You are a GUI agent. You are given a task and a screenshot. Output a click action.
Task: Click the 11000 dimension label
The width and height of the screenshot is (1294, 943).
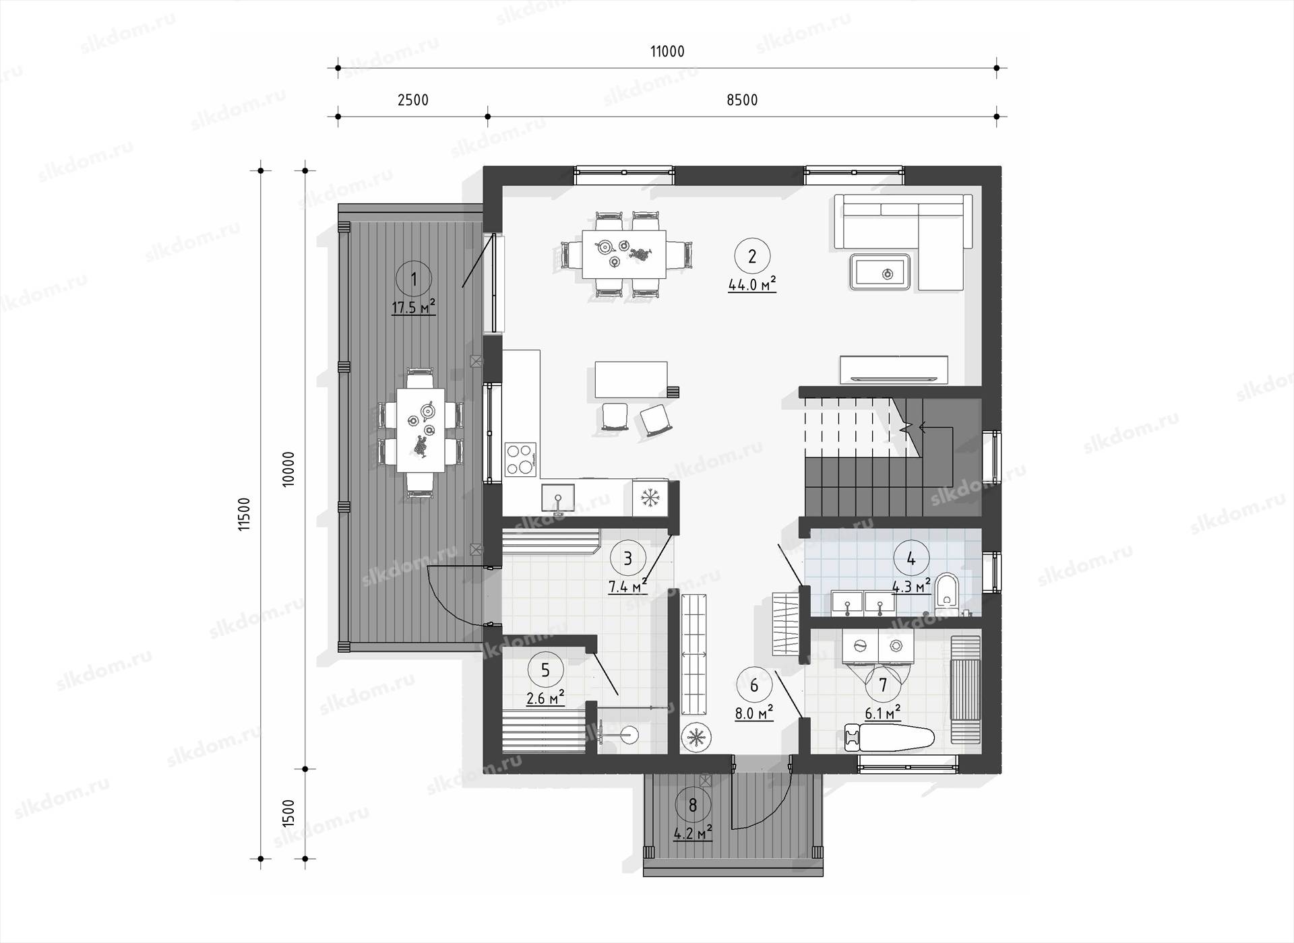[x=667, y=51]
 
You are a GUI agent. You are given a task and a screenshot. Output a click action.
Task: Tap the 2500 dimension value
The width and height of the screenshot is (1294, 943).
[x=413, y=100]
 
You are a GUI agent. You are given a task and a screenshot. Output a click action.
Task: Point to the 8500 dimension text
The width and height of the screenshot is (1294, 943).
[x=742, y=100]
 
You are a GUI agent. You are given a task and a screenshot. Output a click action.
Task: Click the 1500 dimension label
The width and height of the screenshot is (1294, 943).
[x=288, y=813]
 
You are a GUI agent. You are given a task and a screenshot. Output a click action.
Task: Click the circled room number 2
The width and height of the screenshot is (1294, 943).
[x=752, y=256]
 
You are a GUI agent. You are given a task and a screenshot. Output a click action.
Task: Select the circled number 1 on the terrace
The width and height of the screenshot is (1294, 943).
[x=414, y=279]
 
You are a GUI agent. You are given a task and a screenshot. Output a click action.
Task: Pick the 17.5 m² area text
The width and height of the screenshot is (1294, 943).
[x=414, y=308]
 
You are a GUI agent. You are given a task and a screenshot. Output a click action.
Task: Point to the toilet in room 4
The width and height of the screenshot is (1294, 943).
[x=947, y=591]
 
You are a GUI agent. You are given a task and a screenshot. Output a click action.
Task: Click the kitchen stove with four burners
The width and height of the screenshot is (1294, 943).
[x=521, y=459]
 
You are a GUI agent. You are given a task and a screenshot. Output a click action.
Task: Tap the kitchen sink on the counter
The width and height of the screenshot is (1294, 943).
[x=558, y=499]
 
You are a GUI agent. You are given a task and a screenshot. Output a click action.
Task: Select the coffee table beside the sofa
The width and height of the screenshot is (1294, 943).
[x=880, y=271]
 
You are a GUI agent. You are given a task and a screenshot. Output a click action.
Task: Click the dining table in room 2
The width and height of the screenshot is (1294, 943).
[x=625, y=254]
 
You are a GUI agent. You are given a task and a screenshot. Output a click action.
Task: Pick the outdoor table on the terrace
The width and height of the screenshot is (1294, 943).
[x=421, y=429]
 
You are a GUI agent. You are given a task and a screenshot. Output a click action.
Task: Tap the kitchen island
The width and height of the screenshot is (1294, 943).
[x=631, y=380]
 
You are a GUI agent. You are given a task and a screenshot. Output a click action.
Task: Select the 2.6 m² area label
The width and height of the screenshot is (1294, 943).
[x=545, y=698]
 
